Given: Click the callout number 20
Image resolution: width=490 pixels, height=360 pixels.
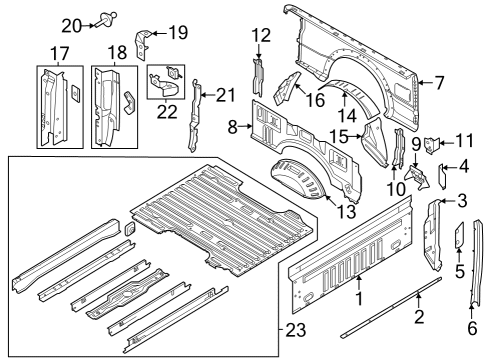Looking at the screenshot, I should tap(70, 24).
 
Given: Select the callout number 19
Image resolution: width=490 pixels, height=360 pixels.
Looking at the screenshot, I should tap(177, 32).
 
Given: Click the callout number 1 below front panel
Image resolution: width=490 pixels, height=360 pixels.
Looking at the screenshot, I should tap(360, 298).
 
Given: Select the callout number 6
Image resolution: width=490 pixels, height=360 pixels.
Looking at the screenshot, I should tap(471, 325).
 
